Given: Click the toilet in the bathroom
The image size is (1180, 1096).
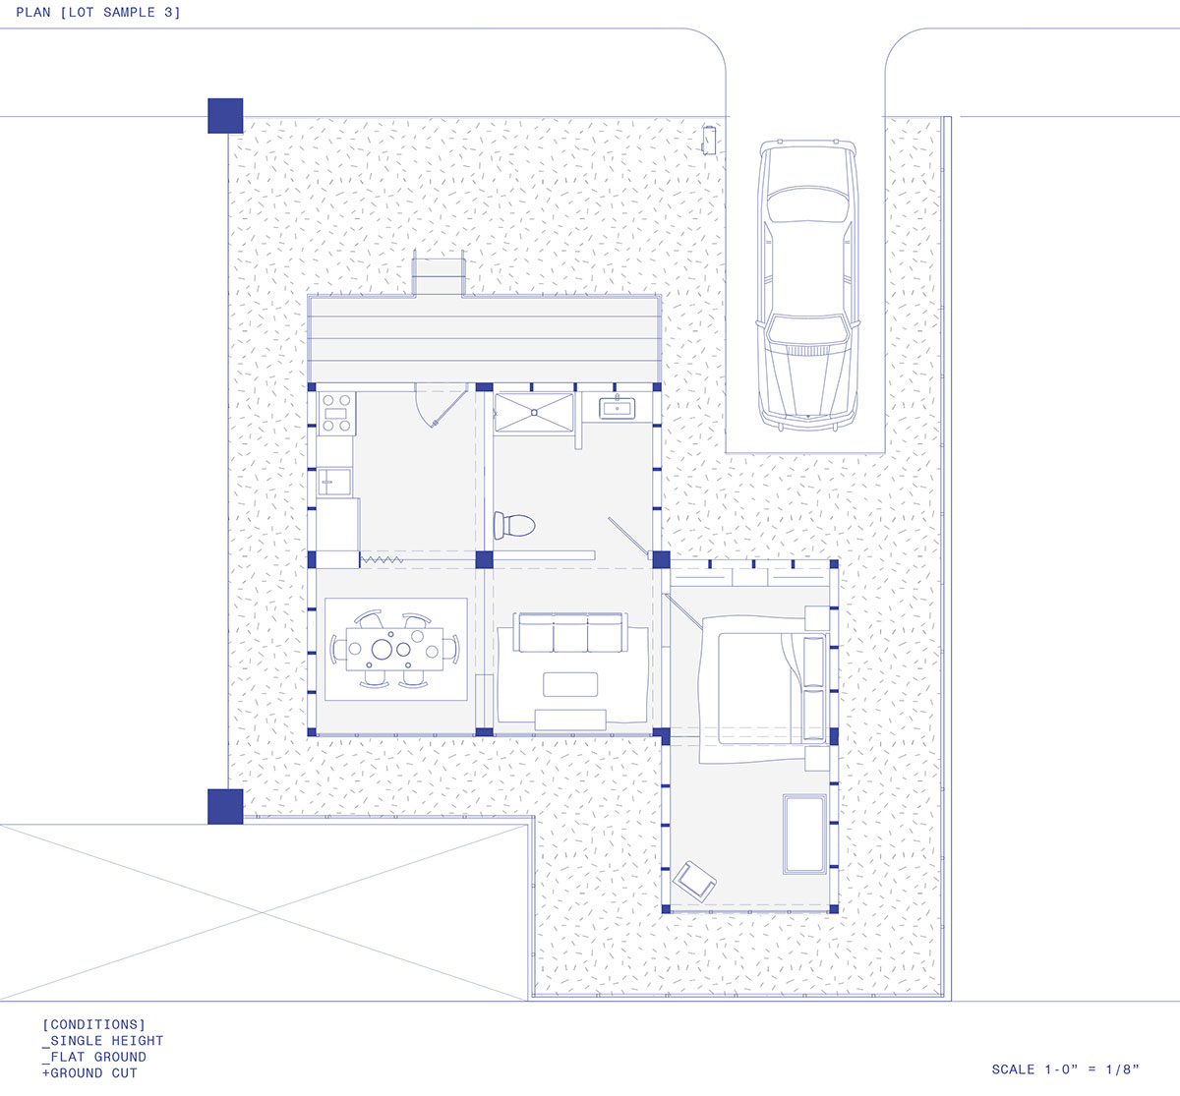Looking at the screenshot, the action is coord(514,525).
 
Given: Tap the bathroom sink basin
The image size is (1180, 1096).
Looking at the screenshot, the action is coord(617,409).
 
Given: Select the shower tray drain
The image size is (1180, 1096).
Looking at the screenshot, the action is coord(534,412).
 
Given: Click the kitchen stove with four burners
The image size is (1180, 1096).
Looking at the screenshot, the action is coord(336,414).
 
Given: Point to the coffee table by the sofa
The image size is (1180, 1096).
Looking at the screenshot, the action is coord(569,684).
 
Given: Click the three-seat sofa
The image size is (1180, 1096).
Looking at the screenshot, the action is coord(569,633).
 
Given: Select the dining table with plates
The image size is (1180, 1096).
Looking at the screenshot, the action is coord(394,649).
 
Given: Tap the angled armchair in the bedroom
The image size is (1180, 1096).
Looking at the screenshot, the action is coord(694,880).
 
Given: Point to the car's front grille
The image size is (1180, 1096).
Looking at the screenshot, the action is coord(807,351).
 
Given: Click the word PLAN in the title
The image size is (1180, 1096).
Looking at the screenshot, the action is coord(33,12).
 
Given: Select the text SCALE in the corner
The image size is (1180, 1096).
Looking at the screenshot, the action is coord(1013,1069).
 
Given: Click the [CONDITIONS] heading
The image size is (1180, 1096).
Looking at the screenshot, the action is coord(93,1024).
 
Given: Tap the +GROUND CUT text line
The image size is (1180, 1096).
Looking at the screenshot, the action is coord(89,1073).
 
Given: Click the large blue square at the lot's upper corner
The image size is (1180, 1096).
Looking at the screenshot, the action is coord(225,116).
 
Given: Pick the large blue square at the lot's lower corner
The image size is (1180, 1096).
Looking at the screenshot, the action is coord(225,806).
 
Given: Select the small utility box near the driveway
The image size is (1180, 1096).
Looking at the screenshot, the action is coord(709,141).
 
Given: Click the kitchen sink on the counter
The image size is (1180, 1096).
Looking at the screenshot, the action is coord(334,482).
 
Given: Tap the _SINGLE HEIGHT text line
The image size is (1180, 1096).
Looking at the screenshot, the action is coord(103,1041).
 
